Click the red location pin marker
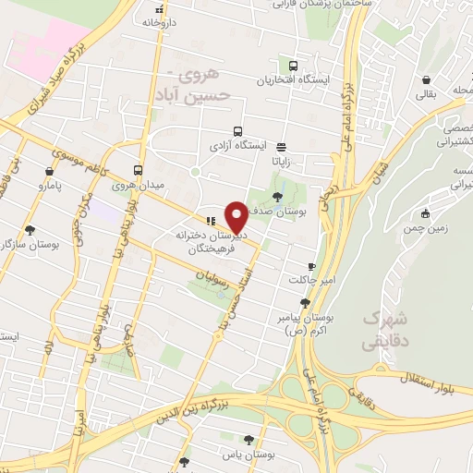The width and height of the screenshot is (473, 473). [237, 216]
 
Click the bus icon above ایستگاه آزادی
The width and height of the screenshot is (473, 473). [238, 131]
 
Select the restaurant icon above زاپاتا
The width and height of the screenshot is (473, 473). [281, 145]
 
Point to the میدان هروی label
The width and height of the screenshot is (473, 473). [137, 185]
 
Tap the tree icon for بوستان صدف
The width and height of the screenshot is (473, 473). [278, 195]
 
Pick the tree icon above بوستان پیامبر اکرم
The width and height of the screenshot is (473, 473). [306, 302]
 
